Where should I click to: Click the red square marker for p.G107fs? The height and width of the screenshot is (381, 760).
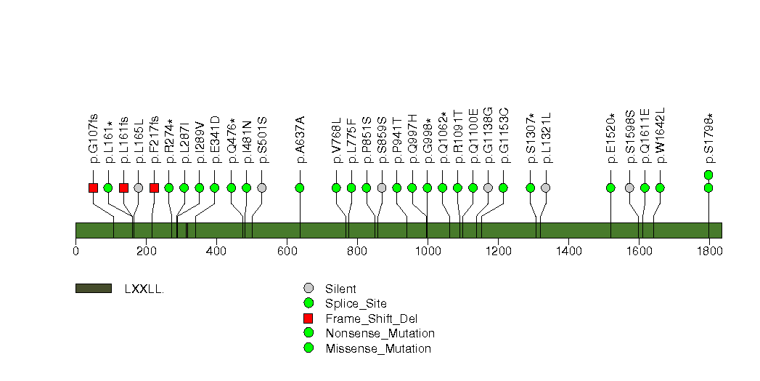(94, 188)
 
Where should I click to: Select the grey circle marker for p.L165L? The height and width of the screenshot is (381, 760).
(139, 188)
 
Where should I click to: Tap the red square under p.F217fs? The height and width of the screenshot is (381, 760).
(154, 188)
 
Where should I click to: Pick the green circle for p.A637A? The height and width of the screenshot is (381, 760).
(300, 188)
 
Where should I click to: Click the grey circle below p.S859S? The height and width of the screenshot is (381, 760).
(382, 188)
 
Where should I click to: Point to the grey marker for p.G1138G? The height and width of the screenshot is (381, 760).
(488, 188)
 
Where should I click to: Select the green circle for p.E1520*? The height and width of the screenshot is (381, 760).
(610, 188)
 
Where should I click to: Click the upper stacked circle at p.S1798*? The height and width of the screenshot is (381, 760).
(708, 175)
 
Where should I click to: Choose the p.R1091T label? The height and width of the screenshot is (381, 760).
(458, 137)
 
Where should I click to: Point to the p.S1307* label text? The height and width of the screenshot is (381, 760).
(531, 138)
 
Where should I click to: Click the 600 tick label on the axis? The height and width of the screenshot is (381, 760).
(287, 251)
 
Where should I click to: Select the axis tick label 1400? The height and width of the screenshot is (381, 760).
(568, 251)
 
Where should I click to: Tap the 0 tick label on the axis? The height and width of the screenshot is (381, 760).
(75, 251)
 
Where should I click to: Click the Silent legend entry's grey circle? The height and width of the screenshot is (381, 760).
(309, 289)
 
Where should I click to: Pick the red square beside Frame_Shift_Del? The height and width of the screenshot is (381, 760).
(309, 318)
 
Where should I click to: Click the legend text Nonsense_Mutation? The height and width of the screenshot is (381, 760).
(380, 334)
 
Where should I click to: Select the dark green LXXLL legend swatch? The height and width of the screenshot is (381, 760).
(94, 289)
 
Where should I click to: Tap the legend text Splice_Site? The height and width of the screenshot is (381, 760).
(356, 304)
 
